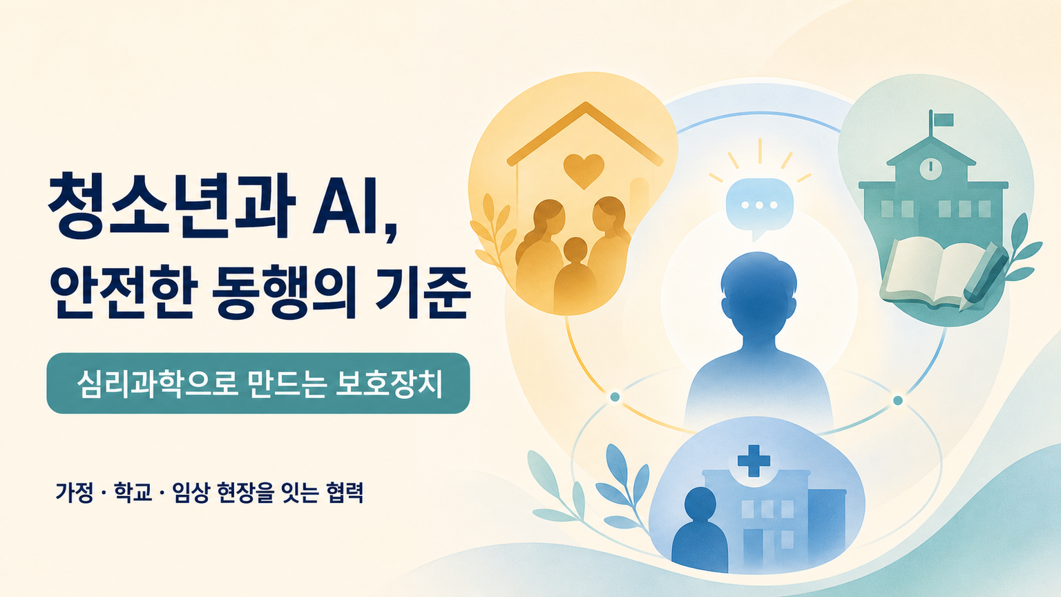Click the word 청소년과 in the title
point(171,209)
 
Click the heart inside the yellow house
point(584,171)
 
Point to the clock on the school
point(930,167)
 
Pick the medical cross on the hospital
point(754,460)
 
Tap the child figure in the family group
point(575,275)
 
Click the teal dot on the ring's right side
point(897,401)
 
